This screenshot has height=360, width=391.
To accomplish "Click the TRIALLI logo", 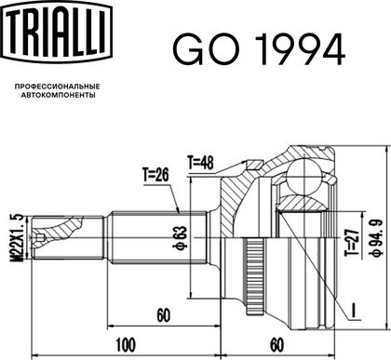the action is click(57, 32).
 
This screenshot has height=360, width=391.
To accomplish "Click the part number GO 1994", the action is click(259, 49).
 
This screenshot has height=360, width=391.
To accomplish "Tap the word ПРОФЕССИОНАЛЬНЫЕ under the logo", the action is click(58, 87).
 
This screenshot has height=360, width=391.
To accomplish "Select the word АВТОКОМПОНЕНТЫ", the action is click(59, 95).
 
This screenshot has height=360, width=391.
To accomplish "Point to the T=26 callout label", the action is click(155, 175).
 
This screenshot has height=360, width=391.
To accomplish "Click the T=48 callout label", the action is click(200, 162).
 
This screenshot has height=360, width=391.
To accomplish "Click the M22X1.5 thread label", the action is click(18, 237).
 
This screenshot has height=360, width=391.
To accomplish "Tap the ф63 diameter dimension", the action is click(182, 238).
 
